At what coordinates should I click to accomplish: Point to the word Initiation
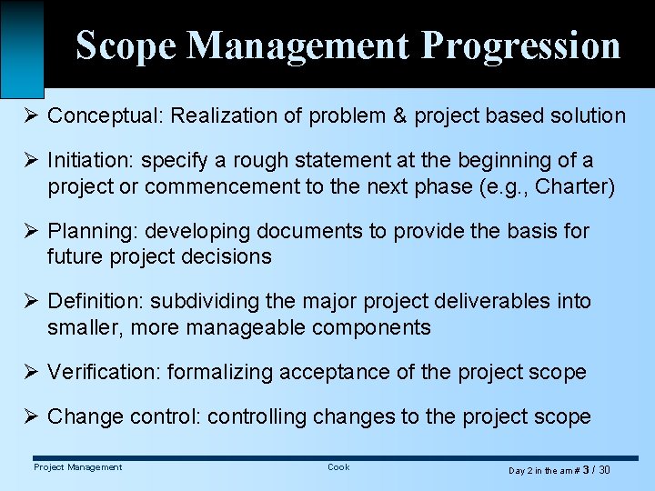[x=86, y=161]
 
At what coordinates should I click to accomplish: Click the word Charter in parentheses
[x=579, y=187]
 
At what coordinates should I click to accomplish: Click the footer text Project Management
[x=77, y=467]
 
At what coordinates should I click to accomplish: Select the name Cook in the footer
[x=338, y=467]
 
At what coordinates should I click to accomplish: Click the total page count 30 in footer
[x=604, y=470]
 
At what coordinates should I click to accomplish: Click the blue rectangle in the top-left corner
[x=22, y=45]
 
